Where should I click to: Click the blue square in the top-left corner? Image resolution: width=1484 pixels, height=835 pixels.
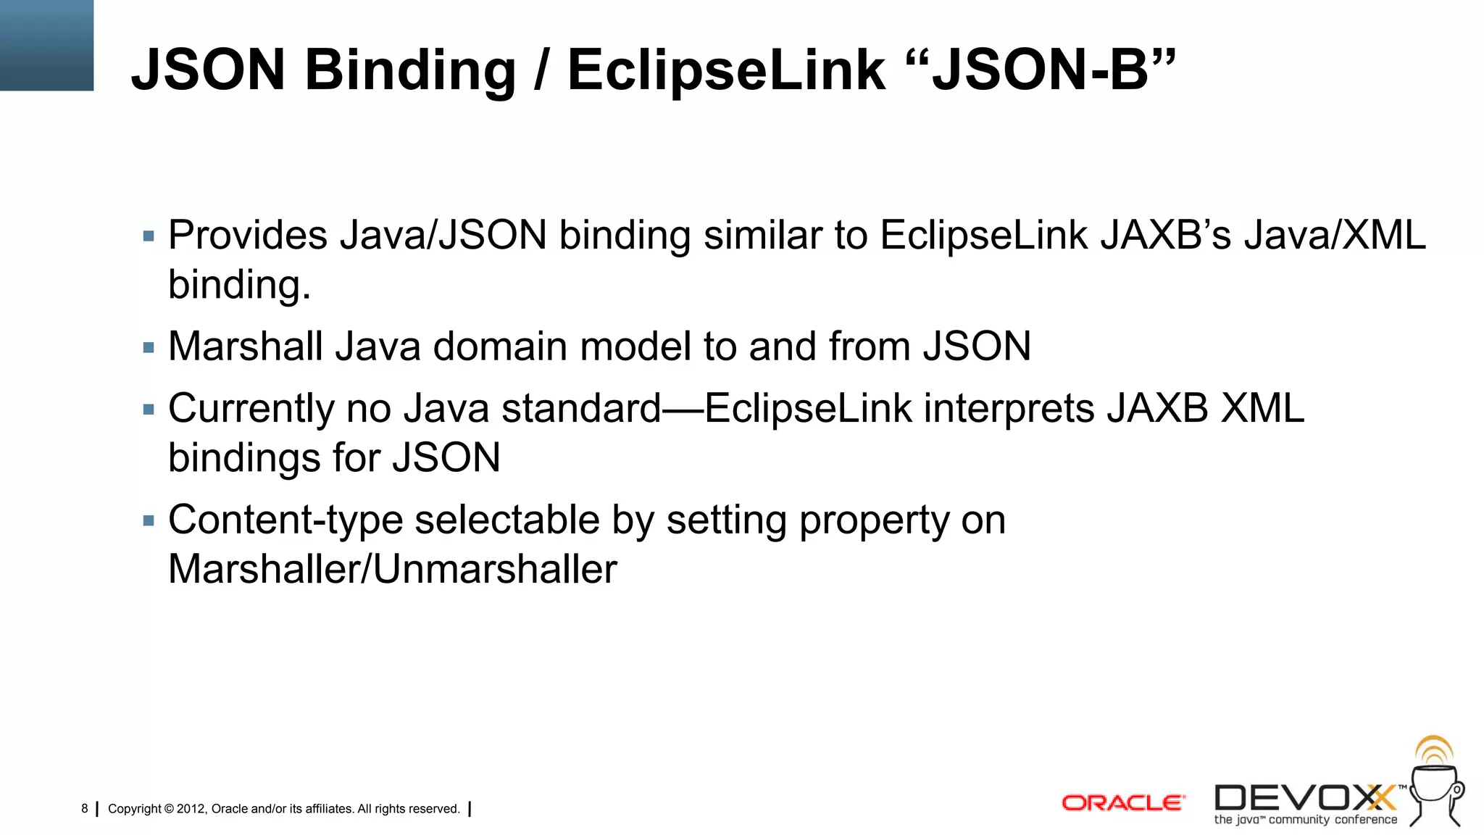pos(46,45)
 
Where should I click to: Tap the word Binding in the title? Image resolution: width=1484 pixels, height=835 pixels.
pos(409,71)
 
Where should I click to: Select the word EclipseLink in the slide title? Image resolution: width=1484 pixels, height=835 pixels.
pos(725,71)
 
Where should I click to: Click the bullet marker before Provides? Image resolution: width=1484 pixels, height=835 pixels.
pos(149,236)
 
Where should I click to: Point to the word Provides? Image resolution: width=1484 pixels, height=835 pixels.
pos(248,236)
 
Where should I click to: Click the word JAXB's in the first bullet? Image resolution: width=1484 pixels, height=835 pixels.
pos(1164,236)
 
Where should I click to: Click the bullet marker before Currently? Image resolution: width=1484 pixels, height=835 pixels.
pos(149,410)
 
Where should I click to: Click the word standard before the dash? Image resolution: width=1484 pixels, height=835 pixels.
pos(581,409)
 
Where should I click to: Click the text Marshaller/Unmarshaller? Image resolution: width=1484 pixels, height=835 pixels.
pos(392,570)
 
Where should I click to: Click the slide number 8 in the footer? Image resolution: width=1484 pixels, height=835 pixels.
pos(85,809)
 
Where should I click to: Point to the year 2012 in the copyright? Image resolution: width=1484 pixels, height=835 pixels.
pos(191,809)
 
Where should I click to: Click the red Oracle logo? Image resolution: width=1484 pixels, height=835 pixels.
pos(1122,803)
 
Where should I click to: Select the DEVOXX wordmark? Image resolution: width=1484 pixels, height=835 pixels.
pos(1304,798)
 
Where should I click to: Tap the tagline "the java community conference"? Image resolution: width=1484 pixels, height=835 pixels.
pos(1305,821)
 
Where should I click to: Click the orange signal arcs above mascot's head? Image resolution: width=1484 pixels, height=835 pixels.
pos(1434,749)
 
